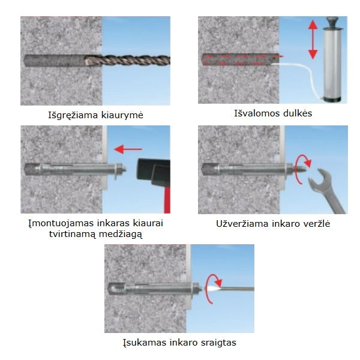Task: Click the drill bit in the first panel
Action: click(x=127, y=61)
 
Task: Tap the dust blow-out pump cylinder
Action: click(x=332, y=65)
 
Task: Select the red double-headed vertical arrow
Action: click(x=313, y=40)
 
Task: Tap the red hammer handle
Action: click(x=167, y=200)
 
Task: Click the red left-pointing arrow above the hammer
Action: click(x=128, y=149)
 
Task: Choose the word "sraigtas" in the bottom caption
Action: click(x=218, y=343)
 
